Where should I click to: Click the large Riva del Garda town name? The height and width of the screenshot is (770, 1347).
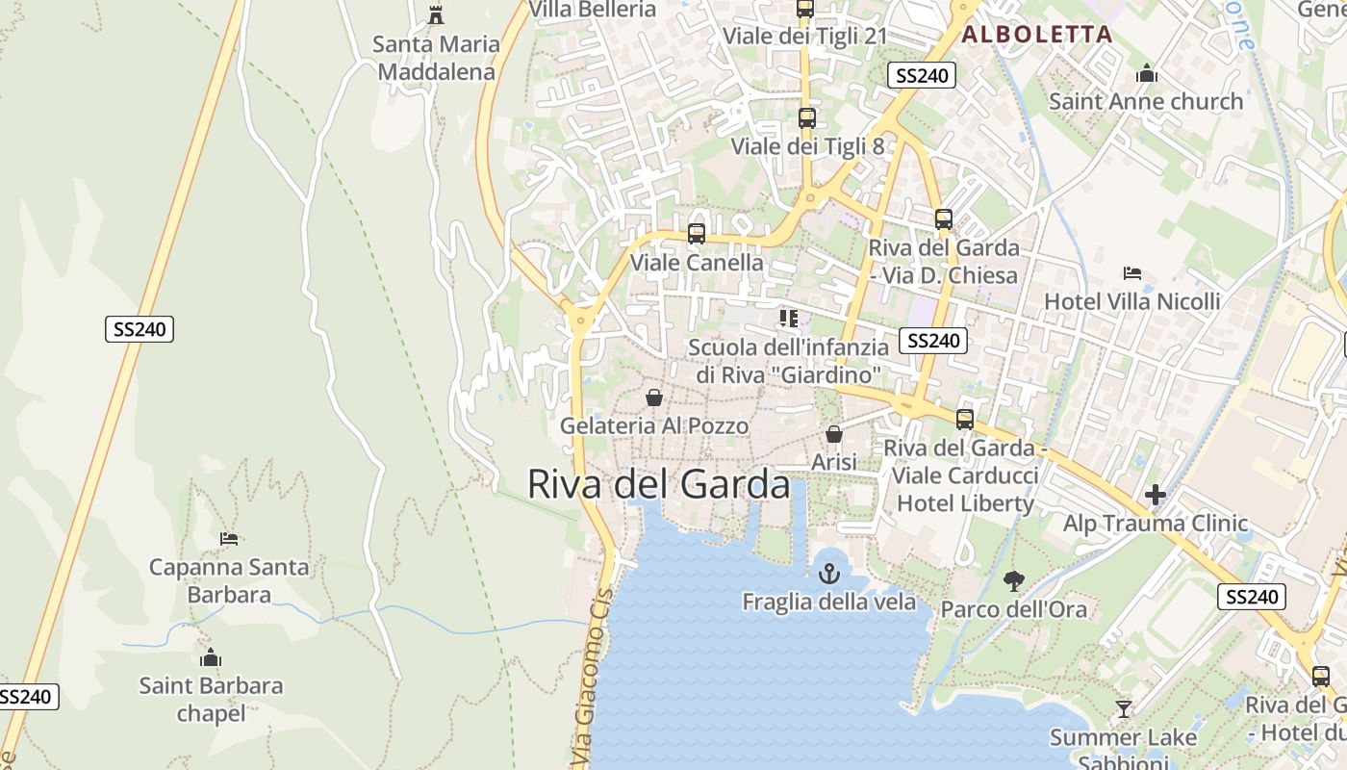click(x=659, y=484)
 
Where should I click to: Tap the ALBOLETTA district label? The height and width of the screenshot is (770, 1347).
click(x=1036, y=35)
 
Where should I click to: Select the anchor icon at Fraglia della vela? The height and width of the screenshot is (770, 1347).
click(x=828, y=574)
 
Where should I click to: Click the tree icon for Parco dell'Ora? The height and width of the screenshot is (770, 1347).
click(x=1013, y=580)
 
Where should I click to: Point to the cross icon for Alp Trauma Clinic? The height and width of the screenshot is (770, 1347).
click(x=1156, y=496)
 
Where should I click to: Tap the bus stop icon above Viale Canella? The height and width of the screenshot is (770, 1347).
click(x=696, y=234)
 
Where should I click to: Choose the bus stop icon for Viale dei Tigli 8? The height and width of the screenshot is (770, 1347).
click(x=806, y=118)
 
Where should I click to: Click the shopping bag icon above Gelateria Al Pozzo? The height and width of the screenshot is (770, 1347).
click(x=654, y=398)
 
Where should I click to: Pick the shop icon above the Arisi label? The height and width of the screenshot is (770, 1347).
click(x=833, y=434)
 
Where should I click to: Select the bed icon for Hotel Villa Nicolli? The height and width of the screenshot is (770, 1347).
click(x=1132, y=273)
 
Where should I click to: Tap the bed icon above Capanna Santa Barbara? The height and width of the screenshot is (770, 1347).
click(x=229, y=539)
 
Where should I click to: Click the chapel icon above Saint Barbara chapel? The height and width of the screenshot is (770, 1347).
click(x=211, y=658)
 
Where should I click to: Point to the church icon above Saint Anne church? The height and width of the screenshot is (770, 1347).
click(x=1146, y=73)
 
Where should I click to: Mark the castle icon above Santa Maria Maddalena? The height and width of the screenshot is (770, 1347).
click(x=437, y=14)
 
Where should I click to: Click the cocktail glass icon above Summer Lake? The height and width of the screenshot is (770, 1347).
click(x=1123, y=709)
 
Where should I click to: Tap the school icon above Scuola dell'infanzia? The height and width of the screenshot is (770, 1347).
click(x=789, y=318)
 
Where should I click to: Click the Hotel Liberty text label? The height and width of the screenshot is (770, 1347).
click(x=965, y=503)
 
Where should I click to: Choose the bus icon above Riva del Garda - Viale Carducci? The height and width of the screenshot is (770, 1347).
click(x=965, y=420)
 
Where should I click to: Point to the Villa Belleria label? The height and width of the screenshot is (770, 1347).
click(x=593, y=10)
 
